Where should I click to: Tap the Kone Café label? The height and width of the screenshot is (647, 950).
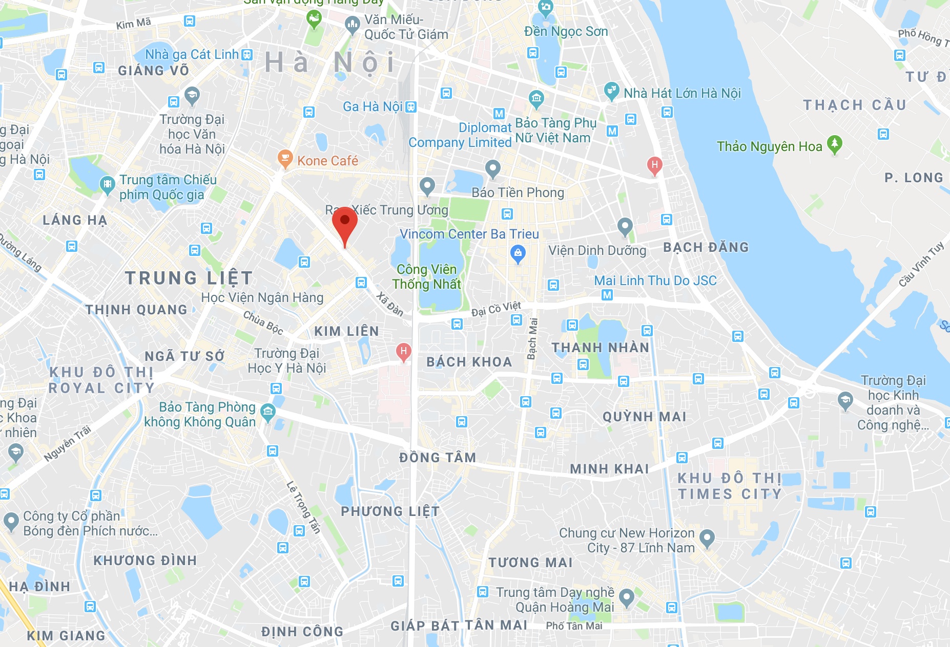[327, 161]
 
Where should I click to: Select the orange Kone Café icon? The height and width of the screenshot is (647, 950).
[285, 159]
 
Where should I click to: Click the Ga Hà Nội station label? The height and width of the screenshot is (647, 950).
[373, 106]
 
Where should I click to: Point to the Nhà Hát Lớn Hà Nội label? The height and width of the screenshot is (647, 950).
[682, 93]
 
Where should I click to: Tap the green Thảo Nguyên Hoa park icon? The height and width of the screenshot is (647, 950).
[835, 145]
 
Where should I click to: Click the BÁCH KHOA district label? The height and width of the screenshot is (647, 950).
[469, 362]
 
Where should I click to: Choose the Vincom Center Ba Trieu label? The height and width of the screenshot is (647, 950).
[469, 234]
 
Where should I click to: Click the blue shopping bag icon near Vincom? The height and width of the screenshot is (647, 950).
[518, 253]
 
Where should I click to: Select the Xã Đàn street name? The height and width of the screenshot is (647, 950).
[390, 304]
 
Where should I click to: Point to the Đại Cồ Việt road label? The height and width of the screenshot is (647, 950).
[495, 309]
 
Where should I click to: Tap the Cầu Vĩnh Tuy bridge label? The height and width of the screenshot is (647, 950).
[921, 264]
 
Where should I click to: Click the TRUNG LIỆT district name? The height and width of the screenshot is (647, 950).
[189, 278]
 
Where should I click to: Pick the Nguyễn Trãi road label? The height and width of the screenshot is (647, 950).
[67, 443]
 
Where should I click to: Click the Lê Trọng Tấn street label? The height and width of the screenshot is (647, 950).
[303, 507]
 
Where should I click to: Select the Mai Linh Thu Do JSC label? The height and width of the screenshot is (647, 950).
[655, 281]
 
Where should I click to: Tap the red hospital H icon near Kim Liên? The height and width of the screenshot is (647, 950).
[404, 352]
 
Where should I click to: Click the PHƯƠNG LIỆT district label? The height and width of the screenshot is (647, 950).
[390, 511]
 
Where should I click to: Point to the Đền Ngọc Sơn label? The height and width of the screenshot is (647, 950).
[566, 31]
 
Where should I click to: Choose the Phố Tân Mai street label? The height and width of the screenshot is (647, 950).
[574, 626]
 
